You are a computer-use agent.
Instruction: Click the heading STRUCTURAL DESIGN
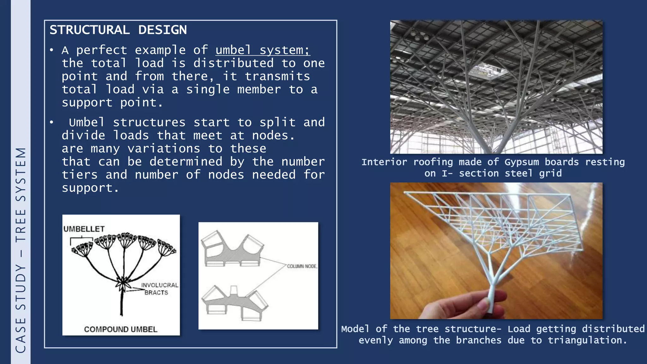(118, 30)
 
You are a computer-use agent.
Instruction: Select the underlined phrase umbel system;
(262, 50)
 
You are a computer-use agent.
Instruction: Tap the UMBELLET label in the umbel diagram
(84, 229)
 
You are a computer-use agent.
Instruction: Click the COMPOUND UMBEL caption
(120, 329)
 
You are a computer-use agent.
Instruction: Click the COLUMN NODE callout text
(301, 266)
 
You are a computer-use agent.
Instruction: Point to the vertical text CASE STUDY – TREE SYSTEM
(21, 250)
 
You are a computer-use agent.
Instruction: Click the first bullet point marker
(51, 50)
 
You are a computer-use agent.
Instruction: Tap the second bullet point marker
(51, 122)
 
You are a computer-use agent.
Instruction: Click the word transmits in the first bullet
(277, 76)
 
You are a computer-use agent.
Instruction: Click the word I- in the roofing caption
(447, 173)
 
